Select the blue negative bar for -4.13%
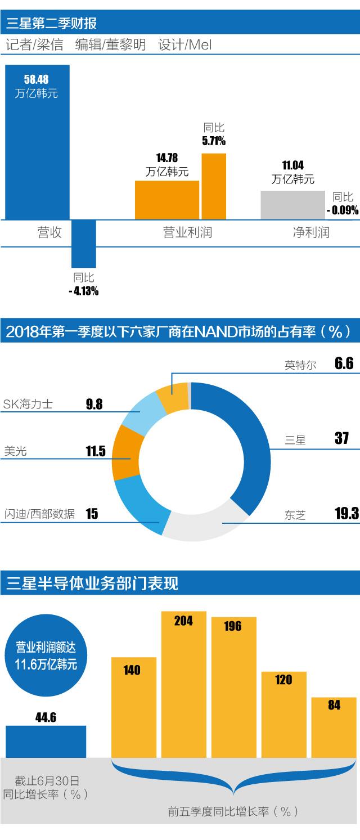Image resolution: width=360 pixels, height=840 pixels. click(84, 243)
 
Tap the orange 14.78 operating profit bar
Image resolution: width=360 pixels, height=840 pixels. click(166, 200)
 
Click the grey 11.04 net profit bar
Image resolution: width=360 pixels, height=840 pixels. click(292, 205)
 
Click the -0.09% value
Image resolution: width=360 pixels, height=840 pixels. click(342, 210)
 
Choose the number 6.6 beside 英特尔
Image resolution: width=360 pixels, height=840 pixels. click(344, 363)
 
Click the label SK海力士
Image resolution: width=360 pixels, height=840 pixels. click(28, 403)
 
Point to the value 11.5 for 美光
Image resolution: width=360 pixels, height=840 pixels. click(95, 451)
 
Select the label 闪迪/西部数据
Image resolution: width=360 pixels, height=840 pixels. click(39, 514)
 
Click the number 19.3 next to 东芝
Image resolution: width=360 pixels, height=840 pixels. click(346, 513)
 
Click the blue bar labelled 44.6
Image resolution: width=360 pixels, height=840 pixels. click(46, 741)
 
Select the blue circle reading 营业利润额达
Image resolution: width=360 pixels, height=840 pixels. click(46, 657)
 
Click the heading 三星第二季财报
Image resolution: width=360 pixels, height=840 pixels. click(52, 23)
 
